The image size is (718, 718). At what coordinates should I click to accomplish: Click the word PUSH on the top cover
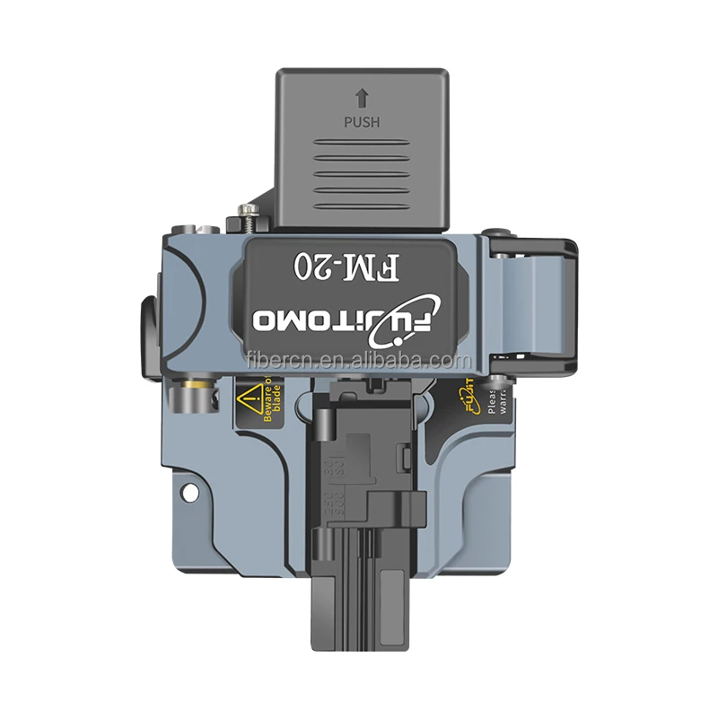(363, 121)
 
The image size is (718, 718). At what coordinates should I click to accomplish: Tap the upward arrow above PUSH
(363, 99)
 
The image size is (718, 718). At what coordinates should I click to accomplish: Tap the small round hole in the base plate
(189, 492)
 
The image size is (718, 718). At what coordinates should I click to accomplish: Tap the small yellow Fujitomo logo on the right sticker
(469, 395)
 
